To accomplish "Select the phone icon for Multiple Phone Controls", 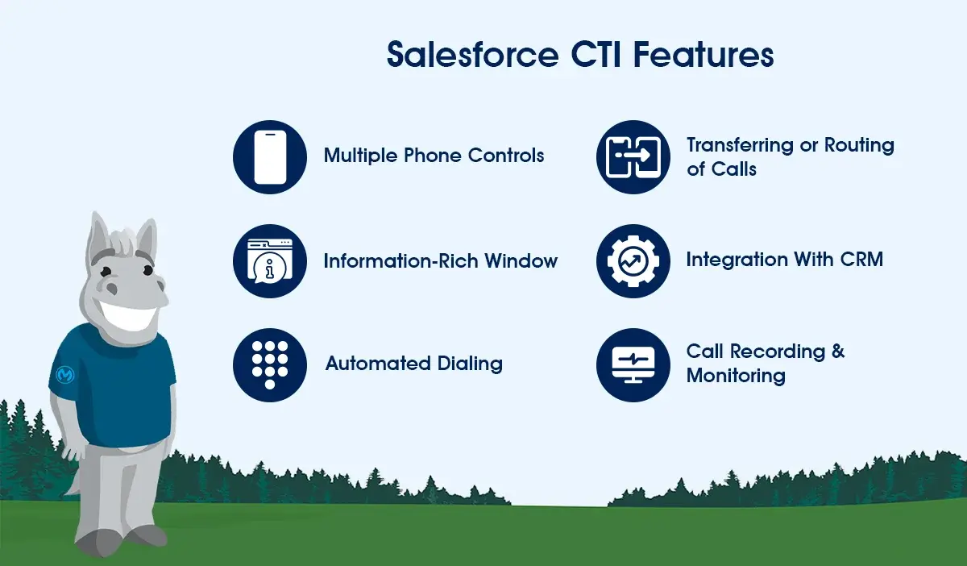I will click(x=270, y=157).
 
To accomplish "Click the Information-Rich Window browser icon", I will click(x=270, y=261).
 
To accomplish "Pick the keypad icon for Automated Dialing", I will click(x=270, y=364).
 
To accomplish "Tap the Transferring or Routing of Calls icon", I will click(x=633, y=157).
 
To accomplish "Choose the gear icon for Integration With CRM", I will click(x=633, y=261).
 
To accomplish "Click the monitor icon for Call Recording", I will click(x=633, y=364).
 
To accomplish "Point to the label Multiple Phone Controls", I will click(x=434, y=155).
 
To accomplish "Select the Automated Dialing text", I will click(x=413, y=364).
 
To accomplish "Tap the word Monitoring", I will click(x=735, y=376).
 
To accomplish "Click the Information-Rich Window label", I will click(x=440, y=261).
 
